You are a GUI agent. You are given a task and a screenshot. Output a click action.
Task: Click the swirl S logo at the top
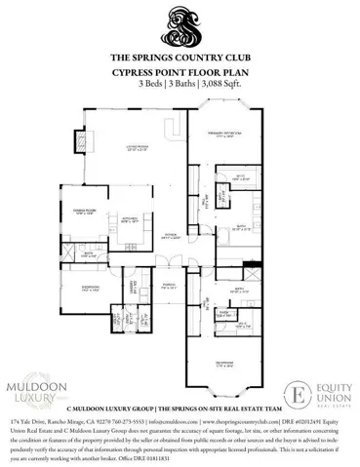[x=180, y=26]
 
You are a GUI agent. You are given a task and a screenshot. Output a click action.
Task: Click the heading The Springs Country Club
[x=180, y=58]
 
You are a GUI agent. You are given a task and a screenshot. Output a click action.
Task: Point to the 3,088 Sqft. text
[x=220, y=84]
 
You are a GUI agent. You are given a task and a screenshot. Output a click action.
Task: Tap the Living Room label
[x=134, y=148]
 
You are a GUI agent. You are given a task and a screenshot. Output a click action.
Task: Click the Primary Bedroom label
[x=229, y=135]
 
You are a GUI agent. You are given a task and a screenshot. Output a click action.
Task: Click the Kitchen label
[x=131, y=218]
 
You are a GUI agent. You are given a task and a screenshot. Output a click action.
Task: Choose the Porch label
[x=168, y=286]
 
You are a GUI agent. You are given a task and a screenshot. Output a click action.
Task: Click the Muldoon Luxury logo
[x=44, y=392]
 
